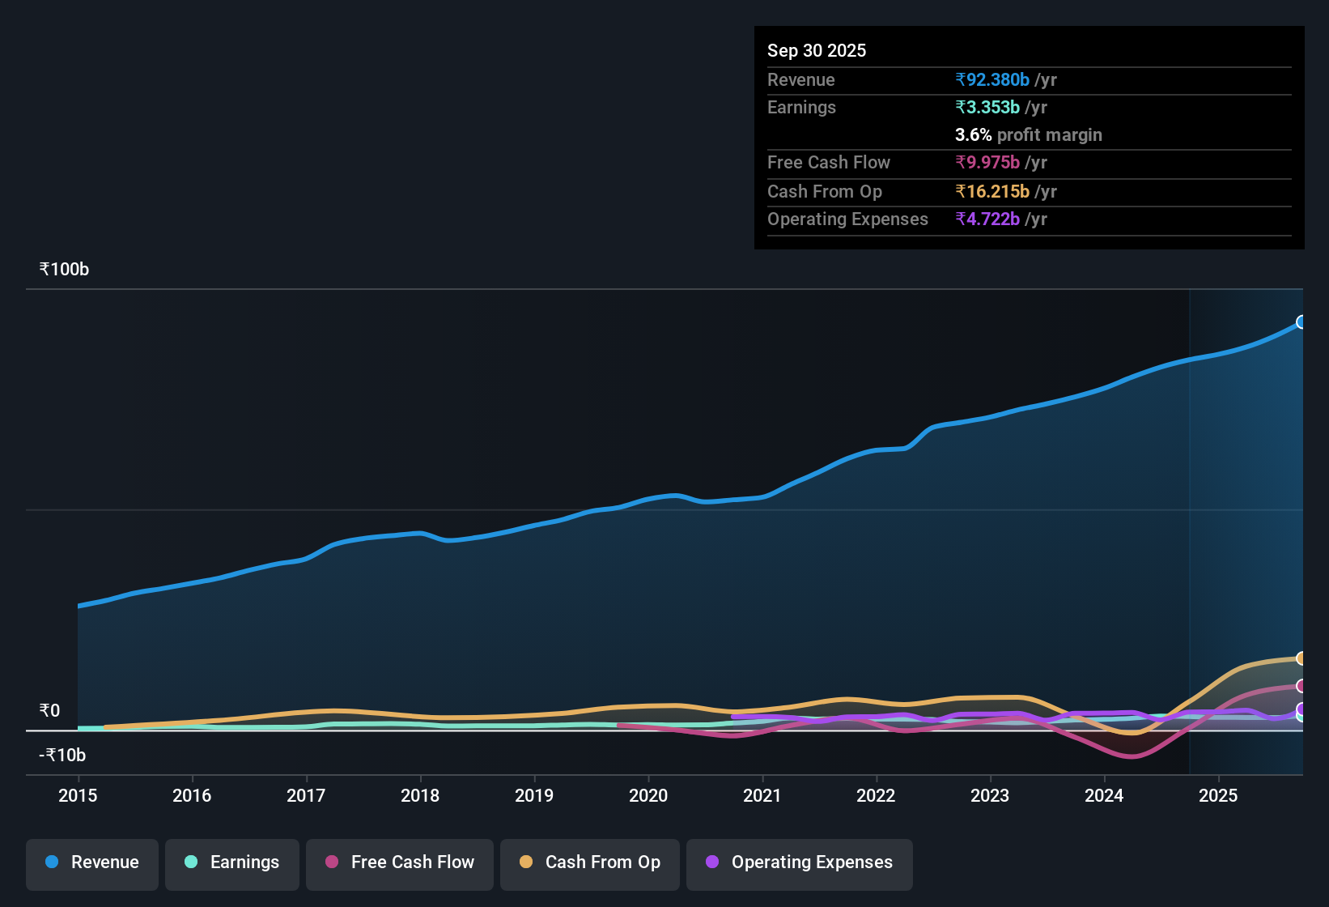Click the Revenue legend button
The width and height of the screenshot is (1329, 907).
coord(92,862)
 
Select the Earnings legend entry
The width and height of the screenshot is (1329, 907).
coord(232,862)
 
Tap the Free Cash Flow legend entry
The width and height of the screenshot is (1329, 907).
coord(400,862)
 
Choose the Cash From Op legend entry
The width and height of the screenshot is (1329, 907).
coord(590,862)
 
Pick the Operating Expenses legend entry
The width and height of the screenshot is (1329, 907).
coord(800,862)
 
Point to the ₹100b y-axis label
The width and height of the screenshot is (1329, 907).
coord(64,270)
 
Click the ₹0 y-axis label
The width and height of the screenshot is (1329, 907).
coord(49,711)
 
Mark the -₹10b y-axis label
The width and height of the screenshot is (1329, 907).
coord(62,756)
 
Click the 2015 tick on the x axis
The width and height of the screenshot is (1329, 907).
coord(78,795)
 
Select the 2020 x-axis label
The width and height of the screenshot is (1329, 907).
coord(648,795)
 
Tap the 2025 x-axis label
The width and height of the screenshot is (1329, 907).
coord(1218,795)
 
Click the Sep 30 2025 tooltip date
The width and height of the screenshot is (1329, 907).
coord(817,51)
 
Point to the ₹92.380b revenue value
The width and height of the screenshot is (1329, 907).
coord(992,80)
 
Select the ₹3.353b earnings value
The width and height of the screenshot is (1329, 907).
coord(987,108)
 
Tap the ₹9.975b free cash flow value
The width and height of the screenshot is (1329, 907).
coord(987,163)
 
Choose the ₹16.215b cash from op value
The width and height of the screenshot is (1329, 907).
coord(992,192)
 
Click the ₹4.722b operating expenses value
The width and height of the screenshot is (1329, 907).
coord(987,219)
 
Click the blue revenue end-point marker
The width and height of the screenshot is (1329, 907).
coord(1301,322)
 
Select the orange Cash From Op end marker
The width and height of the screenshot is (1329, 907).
coord(1301,658)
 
